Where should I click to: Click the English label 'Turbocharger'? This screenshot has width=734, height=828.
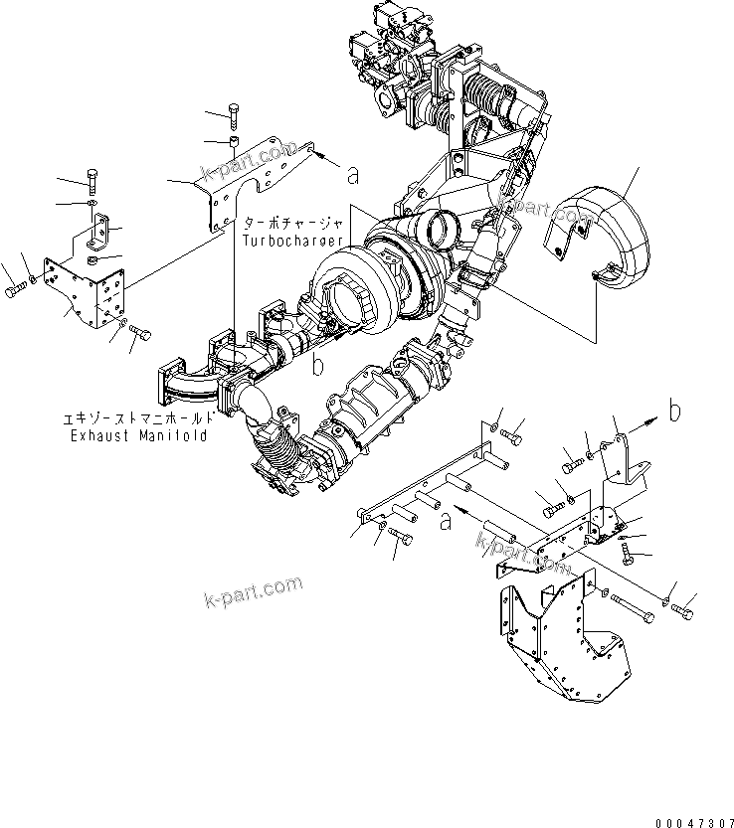click(289, 241)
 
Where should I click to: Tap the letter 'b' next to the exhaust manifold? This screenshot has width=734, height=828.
click(318, 365)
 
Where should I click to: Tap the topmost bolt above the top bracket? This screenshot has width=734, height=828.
click(234, 114)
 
